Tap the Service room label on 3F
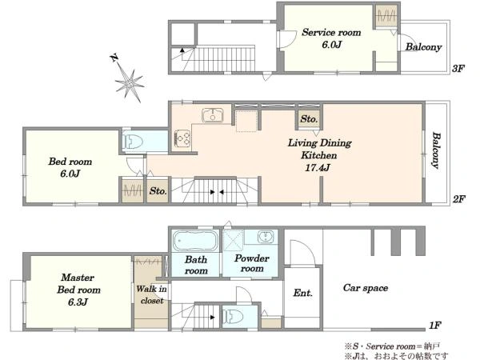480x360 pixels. (x=331, y=33)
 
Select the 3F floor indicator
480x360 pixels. (x=458, y=68)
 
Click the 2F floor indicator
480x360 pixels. (x=459, y=199)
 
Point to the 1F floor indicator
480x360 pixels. (x=434, y=325)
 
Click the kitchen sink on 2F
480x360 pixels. (x=213, y=115)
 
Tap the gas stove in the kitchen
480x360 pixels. (x=182, y=138)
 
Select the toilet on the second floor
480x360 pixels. (x=133, y=141)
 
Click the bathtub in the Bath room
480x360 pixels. (x=195, y=241)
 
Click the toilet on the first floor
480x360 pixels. (x=233, y=317)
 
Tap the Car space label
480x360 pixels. (x=366, y=288)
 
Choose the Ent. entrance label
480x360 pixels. (x=302, y=293)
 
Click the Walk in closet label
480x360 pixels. (x=151, y=294)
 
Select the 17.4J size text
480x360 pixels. (x=318, y=168)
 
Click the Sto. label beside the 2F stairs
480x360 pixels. (x=158, y=191)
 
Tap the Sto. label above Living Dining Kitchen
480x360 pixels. (x=309, y=118)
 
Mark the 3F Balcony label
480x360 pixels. (x=423, y=47)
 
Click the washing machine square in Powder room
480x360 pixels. (x=233, y=241)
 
